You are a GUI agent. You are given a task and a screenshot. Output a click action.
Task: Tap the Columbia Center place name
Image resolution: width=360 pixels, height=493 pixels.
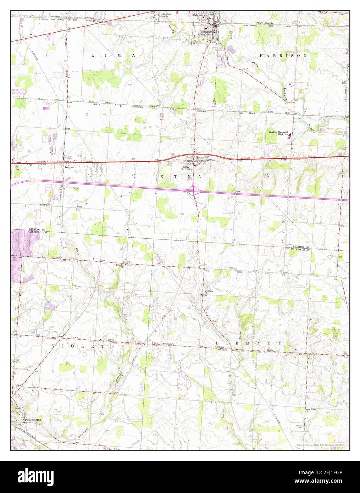tap(165, 15)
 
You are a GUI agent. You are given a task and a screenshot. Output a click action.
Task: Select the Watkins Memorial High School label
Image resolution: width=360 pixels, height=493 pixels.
tap(278, 133)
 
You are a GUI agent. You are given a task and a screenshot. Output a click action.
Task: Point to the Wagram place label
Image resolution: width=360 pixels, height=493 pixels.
tap(69, 167)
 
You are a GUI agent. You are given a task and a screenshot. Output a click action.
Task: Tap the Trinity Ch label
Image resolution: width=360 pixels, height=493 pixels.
tap(120, 266)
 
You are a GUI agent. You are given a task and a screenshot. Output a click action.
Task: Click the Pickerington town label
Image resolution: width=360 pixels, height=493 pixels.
tap(33, 420)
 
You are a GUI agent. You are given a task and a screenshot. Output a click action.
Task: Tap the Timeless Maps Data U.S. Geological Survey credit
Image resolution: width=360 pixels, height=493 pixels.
tap(321, 444)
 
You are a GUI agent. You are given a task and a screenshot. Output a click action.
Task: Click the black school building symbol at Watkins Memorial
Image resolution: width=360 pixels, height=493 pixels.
tap(290, 135)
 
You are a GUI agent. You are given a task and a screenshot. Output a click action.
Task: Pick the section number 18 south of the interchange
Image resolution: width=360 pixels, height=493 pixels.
tap(182, 214)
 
